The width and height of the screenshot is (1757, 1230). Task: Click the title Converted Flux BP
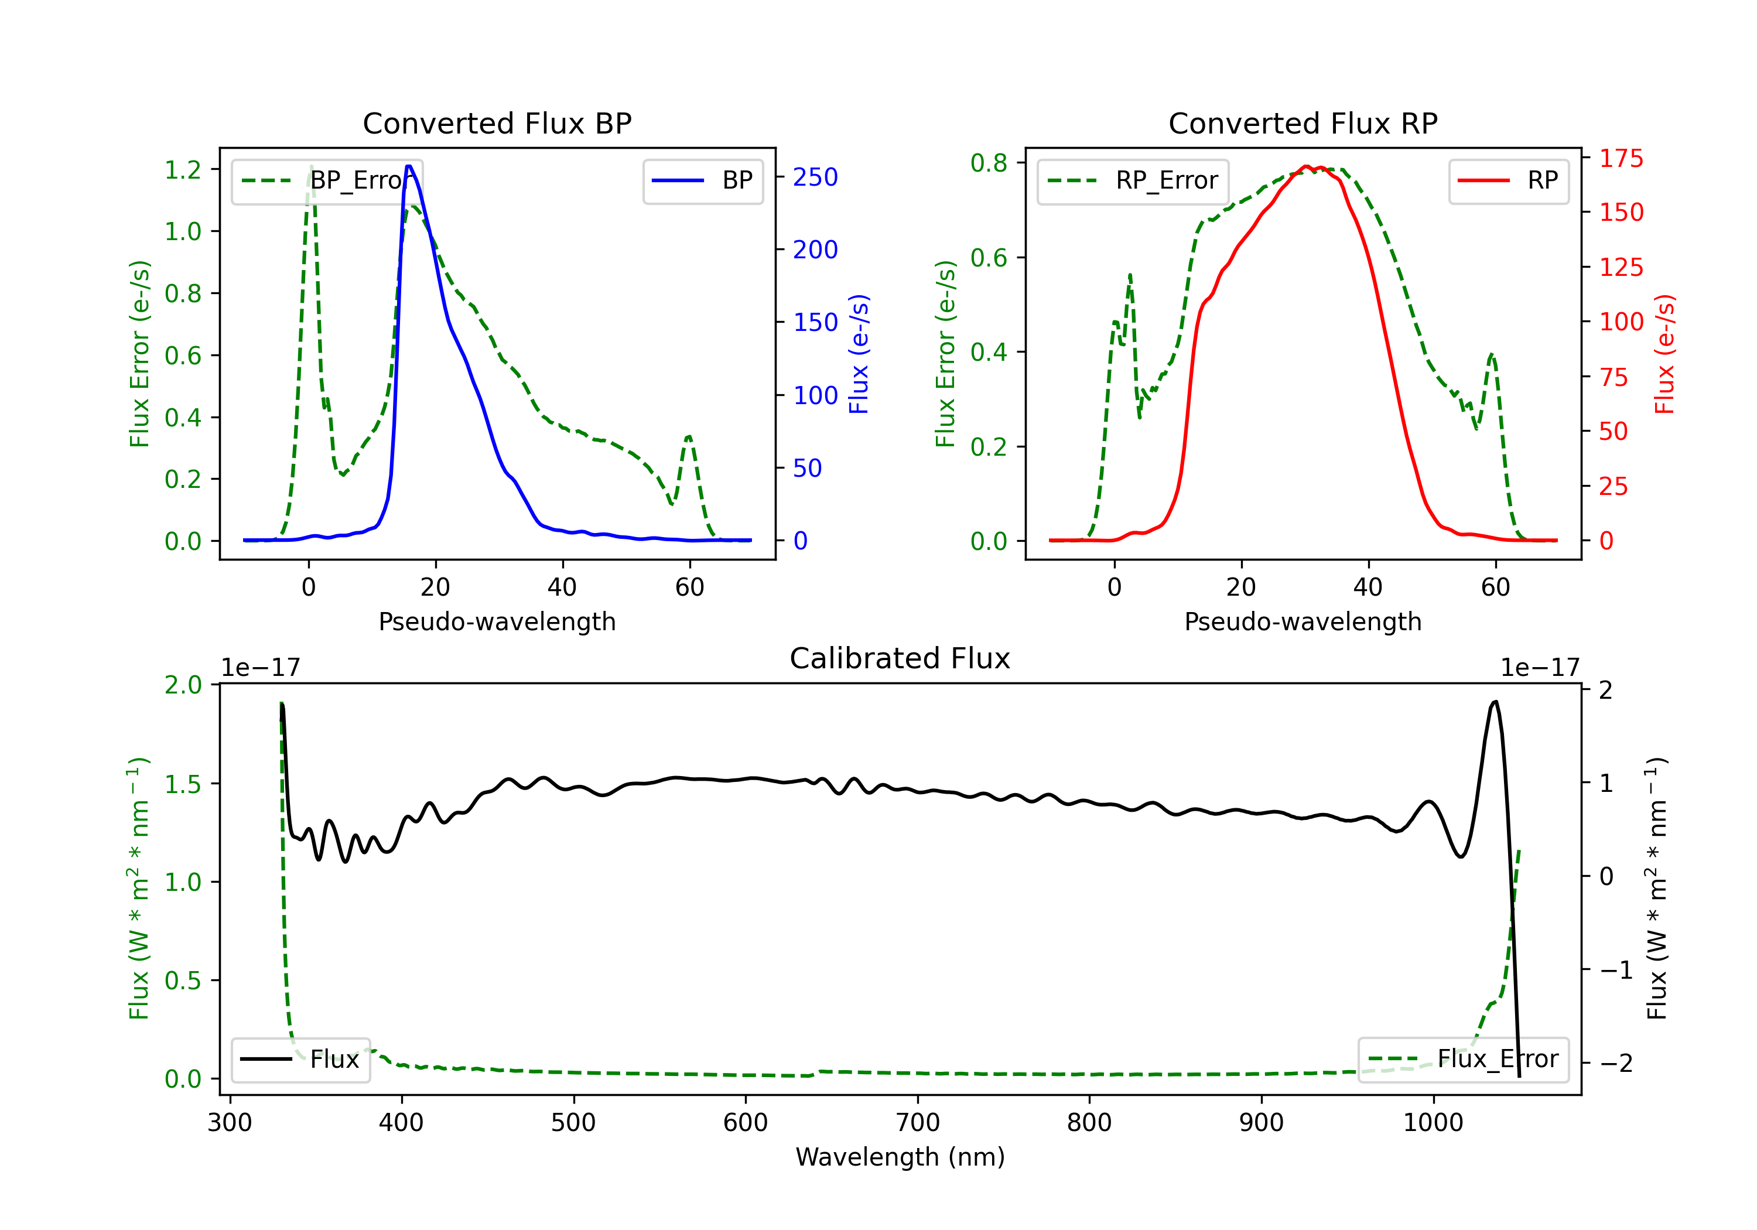pyautogui.click(x=497, y=123)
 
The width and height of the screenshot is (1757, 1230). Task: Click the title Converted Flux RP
pyautogui.click(x=1303, y=123)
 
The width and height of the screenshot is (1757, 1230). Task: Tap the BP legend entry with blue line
pyautogui.click(x=703, y=180)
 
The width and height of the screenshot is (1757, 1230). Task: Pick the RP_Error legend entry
pyautogui.click(x=1133, y=180)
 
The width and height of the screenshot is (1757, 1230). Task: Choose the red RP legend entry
pyautogui.click(x=1508, y=180)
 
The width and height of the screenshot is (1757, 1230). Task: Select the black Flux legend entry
pyautogui.click(x=301, y=1060)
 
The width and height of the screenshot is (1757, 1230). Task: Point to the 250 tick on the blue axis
pyautogui.click(x=815, y=177)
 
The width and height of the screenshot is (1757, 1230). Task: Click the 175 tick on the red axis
pyautogui.click(x=1621, y=159)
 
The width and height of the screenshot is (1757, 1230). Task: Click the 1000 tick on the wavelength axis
pyautogui.click(x=1433, y=1123)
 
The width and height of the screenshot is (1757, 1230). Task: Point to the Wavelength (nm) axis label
pyautogui.click(x=900, y=1157)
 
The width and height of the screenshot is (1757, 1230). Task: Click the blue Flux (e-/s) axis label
pyautogui.click(x=859, y=354)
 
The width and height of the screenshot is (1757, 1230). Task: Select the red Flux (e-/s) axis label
pyautogui.click(x=1664, y=354)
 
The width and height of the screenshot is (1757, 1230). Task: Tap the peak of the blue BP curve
pyautogui.click(x=409, y=166)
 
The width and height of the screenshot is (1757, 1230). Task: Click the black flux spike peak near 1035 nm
pyautogui.click(x=1495, y=702)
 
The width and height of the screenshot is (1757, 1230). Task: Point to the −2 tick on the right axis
pyautogui.click(x=1615, y=1062)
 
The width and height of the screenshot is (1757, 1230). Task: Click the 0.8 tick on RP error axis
pyautogui.click(x=989, y=162)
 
